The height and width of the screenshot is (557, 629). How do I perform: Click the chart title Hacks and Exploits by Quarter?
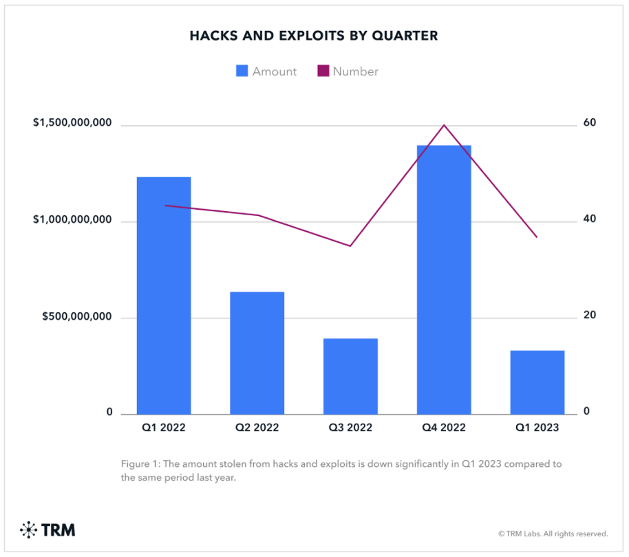[314, 36]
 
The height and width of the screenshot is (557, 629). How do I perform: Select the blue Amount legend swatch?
[242, 71]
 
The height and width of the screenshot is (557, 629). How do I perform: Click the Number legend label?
[355, 72]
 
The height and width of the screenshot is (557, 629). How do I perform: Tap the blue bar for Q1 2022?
[164, 296]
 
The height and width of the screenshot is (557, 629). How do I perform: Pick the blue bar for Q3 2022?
[350, 376]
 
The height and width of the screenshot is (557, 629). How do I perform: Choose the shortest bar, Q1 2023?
[537, 382]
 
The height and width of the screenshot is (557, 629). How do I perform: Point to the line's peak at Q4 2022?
[444, 125]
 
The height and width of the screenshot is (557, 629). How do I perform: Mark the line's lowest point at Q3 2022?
[350, 245]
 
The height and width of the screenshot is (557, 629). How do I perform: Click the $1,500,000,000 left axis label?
[72, 123]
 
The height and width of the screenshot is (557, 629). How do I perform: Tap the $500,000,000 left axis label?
[77, 317]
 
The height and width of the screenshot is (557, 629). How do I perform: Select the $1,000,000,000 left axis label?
[72, 220]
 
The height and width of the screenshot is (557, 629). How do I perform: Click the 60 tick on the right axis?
[590, 123]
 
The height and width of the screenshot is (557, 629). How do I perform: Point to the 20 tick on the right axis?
[590, 316]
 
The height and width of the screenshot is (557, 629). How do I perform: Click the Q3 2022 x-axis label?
[350, 428]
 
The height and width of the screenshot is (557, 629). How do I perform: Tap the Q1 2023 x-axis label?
[537, 428]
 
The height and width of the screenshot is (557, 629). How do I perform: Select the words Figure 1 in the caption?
[140, 464]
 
